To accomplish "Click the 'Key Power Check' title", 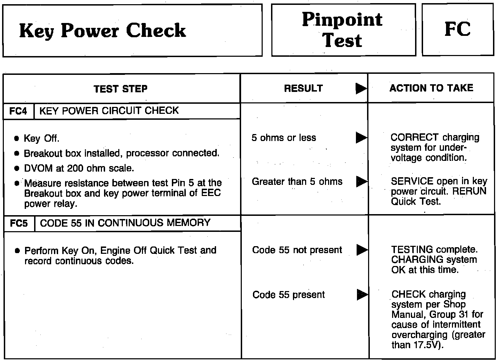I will (102, 31).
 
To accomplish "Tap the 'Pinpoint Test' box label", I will (342, 30).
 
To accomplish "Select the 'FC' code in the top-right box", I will (457, 29).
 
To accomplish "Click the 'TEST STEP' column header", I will (120, 89).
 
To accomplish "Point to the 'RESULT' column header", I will (303, 88).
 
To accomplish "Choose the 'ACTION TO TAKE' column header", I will (431, 88).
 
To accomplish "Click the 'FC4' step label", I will (18, 111).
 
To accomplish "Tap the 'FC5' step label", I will (19, 223).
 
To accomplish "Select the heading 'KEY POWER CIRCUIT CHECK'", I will (109, 111).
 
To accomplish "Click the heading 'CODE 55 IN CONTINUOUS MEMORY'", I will (125, 223).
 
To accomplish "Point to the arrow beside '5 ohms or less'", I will (361, 138).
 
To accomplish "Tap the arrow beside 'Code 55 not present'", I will (362, 250).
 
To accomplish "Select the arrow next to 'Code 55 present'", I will (362, 295).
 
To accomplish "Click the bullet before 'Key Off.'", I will (17, 139).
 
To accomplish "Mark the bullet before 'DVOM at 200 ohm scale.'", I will (17, 169).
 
